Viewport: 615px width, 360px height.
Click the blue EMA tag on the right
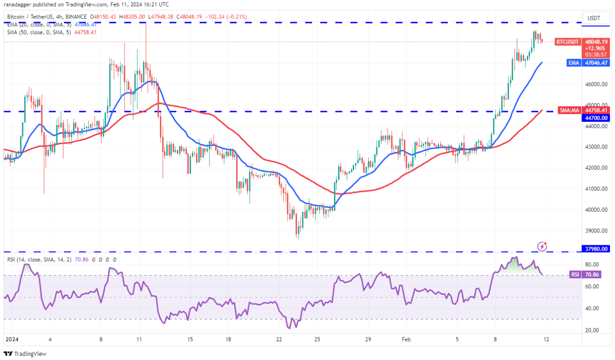[574, 63]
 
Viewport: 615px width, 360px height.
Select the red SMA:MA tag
[570, 110]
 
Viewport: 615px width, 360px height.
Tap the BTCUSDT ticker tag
[568, 41]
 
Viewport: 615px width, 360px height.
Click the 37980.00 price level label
[596, 249]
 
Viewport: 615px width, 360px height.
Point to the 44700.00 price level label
[596, 118]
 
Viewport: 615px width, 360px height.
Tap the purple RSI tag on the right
[574, 275]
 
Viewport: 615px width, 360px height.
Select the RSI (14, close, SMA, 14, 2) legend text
[39, 259]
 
